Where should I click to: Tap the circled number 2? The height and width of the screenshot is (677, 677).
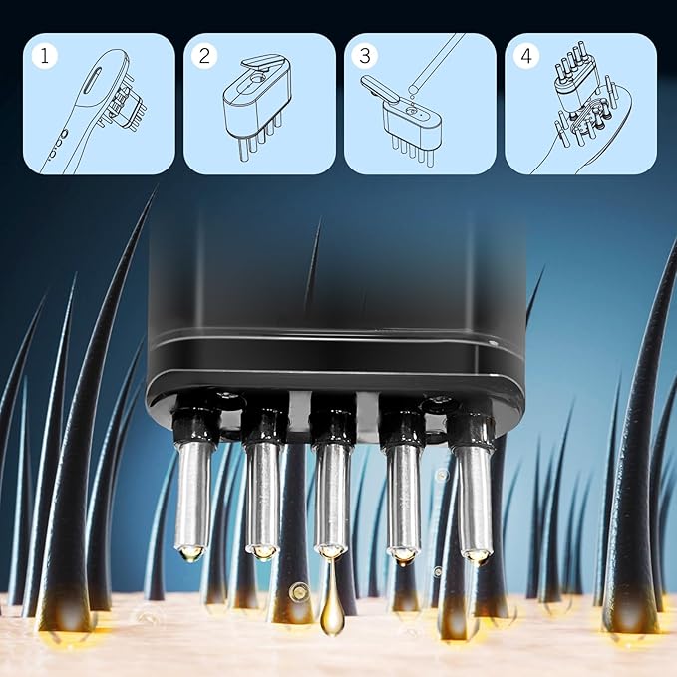(x=206, y=55)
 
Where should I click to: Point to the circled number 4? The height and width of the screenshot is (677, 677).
(x=525, y=55)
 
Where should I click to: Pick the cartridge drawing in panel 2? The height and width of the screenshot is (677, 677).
(x=254, y=110)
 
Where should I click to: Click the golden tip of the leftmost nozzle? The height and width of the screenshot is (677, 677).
(x=192, y=551)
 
